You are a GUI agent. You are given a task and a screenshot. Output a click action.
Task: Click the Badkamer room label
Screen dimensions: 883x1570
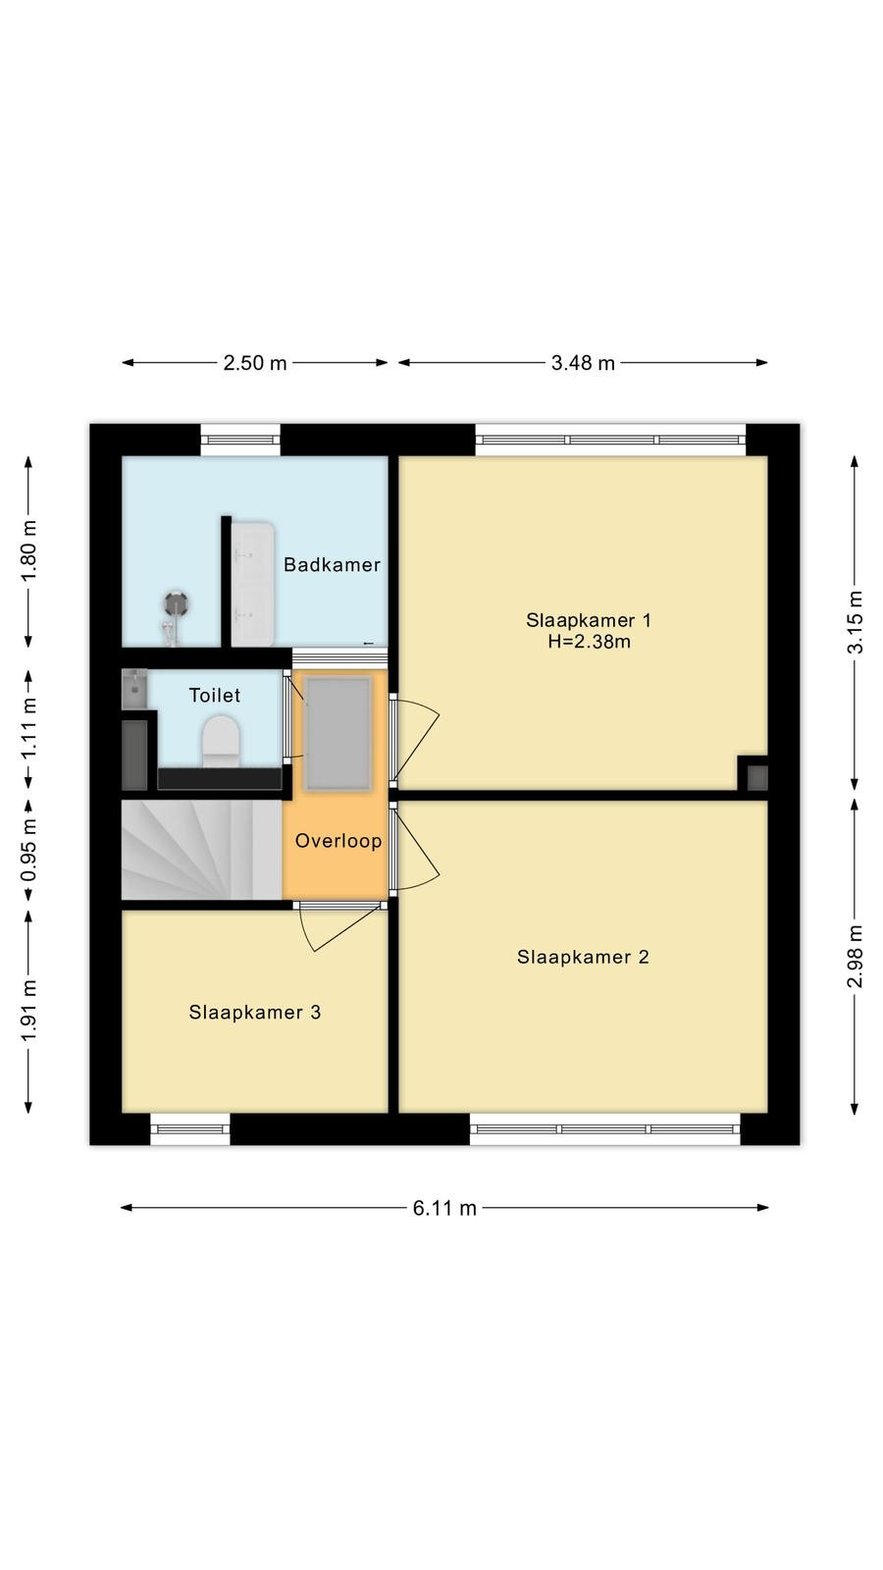coord(332,565)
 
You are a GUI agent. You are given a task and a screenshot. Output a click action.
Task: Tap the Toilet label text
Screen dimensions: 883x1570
coord(215,696)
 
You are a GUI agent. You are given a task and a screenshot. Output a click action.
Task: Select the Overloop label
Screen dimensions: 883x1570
coord(338,841)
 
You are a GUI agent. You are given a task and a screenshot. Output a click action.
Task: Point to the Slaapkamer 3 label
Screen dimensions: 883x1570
coord(254,1012)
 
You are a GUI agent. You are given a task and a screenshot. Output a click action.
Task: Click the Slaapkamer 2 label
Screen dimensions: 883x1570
coord(583,958)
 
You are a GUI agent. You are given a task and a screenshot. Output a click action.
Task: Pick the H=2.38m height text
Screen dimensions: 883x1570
coord(590,642)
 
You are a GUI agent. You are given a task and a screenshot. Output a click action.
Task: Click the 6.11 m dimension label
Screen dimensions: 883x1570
coord(444,1208)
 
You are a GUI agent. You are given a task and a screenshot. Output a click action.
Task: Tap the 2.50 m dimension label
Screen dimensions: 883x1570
coord(255,363)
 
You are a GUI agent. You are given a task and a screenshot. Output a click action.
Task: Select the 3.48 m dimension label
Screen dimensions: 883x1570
coord(583,363)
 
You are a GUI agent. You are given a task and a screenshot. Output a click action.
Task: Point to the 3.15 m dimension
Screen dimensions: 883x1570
coord(855,622)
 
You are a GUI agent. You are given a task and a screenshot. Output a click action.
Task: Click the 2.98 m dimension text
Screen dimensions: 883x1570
coord(855,956)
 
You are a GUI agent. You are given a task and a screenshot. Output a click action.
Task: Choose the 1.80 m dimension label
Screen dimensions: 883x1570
coord(28,550)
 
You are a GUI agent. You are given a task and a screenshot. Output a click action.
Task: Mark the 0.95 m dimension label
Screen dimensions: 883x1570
coord(28,850)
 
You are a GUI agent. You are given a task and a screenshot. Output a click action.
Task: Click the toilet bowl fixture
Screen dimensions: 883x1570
coord(221,741)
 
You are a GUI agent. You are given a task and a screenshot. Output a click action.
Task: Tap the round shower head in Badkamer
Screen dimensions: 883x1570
coord(176,603)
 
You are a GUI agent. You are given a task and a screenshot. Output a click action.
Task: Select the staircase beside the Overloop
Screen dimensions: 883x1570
coord(202,850)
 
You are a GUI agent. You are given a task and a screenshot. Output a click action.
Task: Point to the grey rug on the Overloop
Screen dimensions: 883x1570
coord(339,734)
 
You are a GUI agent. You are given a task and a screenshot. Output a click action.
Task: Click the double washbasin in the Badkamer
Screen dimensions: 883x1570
coord(252,584)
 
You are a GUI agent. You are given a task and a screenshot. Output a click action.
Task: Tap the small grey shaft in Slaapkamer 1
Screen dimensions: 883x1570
coord(757,778)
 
